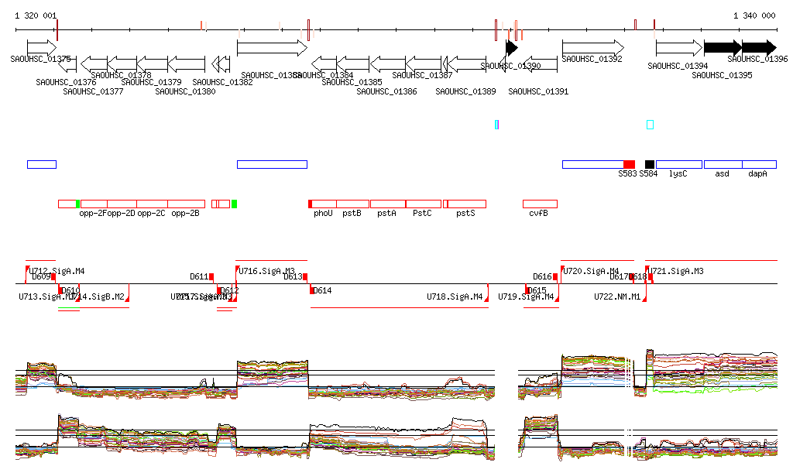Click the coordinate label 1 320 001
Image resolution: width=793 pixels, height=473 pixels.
click(36, 15)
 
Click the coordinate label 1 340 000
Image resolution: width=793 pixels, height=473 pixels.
click(754, 15)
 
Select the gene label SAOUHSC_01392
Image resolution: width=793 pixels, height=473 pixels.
click(592, 59)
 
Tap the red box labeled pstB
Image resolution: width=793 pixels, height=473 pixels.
click(352, 204)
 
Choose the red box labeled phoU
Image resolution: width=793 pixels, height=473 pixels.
click(323, 204)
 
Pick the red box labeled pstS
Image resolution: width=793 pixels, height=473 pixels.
click(465, 204)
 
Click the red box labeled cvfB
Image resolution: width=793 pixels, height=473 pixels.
click(540, 204)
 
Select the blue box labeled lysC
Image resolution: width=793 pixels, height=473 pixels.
click(678, 164)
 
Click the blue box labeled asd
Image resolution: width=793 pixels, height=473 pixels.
click(722, 164)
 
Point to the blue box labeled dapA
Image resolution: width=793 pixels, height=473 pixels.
click(759, 164)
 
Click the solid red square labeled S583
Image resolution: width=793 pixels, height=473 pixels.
click(629, 164)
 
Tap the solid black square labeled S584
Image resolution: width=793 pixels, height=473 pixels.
click(650, 164)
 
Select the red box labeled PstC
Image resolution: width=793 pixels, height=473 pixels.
click(423, 204)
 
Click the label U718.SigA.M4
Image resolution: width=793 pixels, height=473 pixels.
click(455, 296)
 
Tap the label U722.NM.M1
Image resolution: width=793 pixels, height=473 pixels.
click(617, 296)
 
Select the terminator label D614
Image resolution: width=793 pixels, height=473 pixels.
click(321, 291)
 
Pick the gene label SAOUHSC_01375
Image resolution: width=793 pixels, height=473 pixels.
click(41, 59)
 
